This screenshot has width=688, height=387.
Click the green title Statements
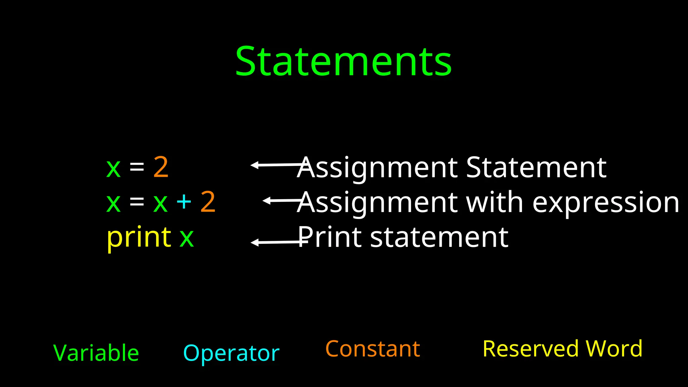point(343,62)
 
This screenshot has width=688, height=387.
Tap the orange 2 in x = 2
point(161,167)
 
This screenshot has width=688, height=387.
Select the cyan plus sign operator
point(184,202)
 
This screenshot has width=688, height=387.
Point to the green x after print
point(187,238)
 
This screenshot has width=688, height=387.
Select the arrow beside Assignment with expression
point(282,201)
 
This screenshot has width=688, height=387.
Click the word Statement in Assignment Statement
point(536,167)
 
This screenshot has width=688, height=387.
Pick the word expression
point(606,203)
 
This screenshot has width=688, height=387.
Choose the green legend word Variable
point(96,353)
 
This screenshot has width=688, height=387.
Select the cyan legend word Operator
point(231,354)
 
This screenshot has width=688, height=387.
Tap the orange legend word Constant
point(373,349)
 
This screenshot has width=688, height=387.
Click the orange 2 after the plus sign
point(208,202)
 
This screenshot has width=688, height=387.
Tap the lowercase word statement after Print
point(439,238)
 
